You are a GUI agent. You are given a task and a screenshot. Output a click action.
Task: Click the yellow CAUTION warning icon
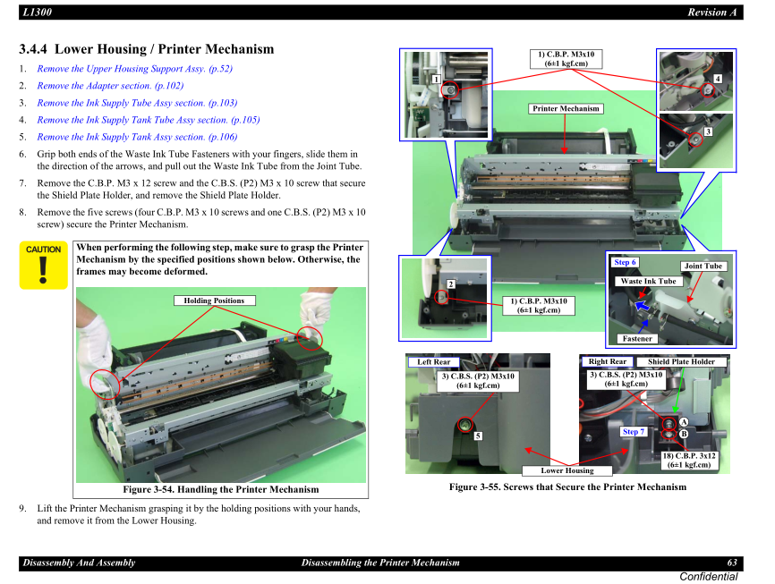pos(43,266)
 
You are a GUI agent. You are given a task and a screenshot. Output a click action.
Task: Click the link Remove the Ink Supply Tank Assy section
pos(137,137)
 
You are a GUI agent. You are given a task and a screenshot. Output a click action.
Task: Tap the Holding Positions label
pos(214,300)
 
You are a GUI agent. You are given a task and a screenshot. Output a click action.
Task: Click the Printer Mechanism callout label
pos(566,109)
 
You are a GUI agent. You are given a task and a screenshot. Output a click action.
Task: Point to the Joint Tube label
pos(703,266)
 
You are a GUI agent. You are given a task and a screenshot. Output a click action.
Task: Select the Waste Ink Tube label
pos(648,281)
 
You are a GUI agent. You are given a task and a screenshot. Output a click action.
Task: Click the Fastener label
pos(637,338)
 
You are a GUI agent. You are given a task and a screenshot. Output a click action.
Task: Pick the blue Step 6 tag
pos(625,262)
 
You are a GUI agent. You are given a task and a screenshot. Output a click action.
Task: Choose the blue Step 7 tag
pos(633,431)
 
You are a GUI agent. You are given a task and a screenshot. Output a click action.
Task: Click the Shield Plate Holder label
pos(681,361)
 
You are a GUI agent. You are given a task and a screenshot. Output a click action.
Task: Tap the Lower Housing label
pos(566,470)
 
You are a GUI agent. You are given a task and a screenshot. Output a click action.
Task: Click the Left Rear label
pos(434,361)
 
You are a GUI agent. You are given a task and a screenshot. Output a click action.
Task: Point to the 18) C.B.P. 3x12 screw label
pos(689,460)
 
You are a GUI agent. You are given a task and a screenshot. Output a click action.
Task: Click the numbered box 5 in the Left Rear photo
pos(478,436)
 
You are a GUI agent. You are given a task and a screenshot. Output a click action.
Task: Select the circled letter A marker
pos(684,421)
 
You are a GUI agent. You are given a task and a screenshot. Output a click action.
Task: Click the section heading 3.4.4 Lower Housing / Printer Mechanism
pos(147,49)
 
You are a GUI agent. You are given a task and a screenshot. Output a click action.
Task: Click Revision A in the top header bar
pos(711,12)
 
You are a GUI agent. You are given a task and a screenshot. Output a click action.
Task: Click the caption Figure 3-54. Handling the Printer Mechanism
pos(220,489)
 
